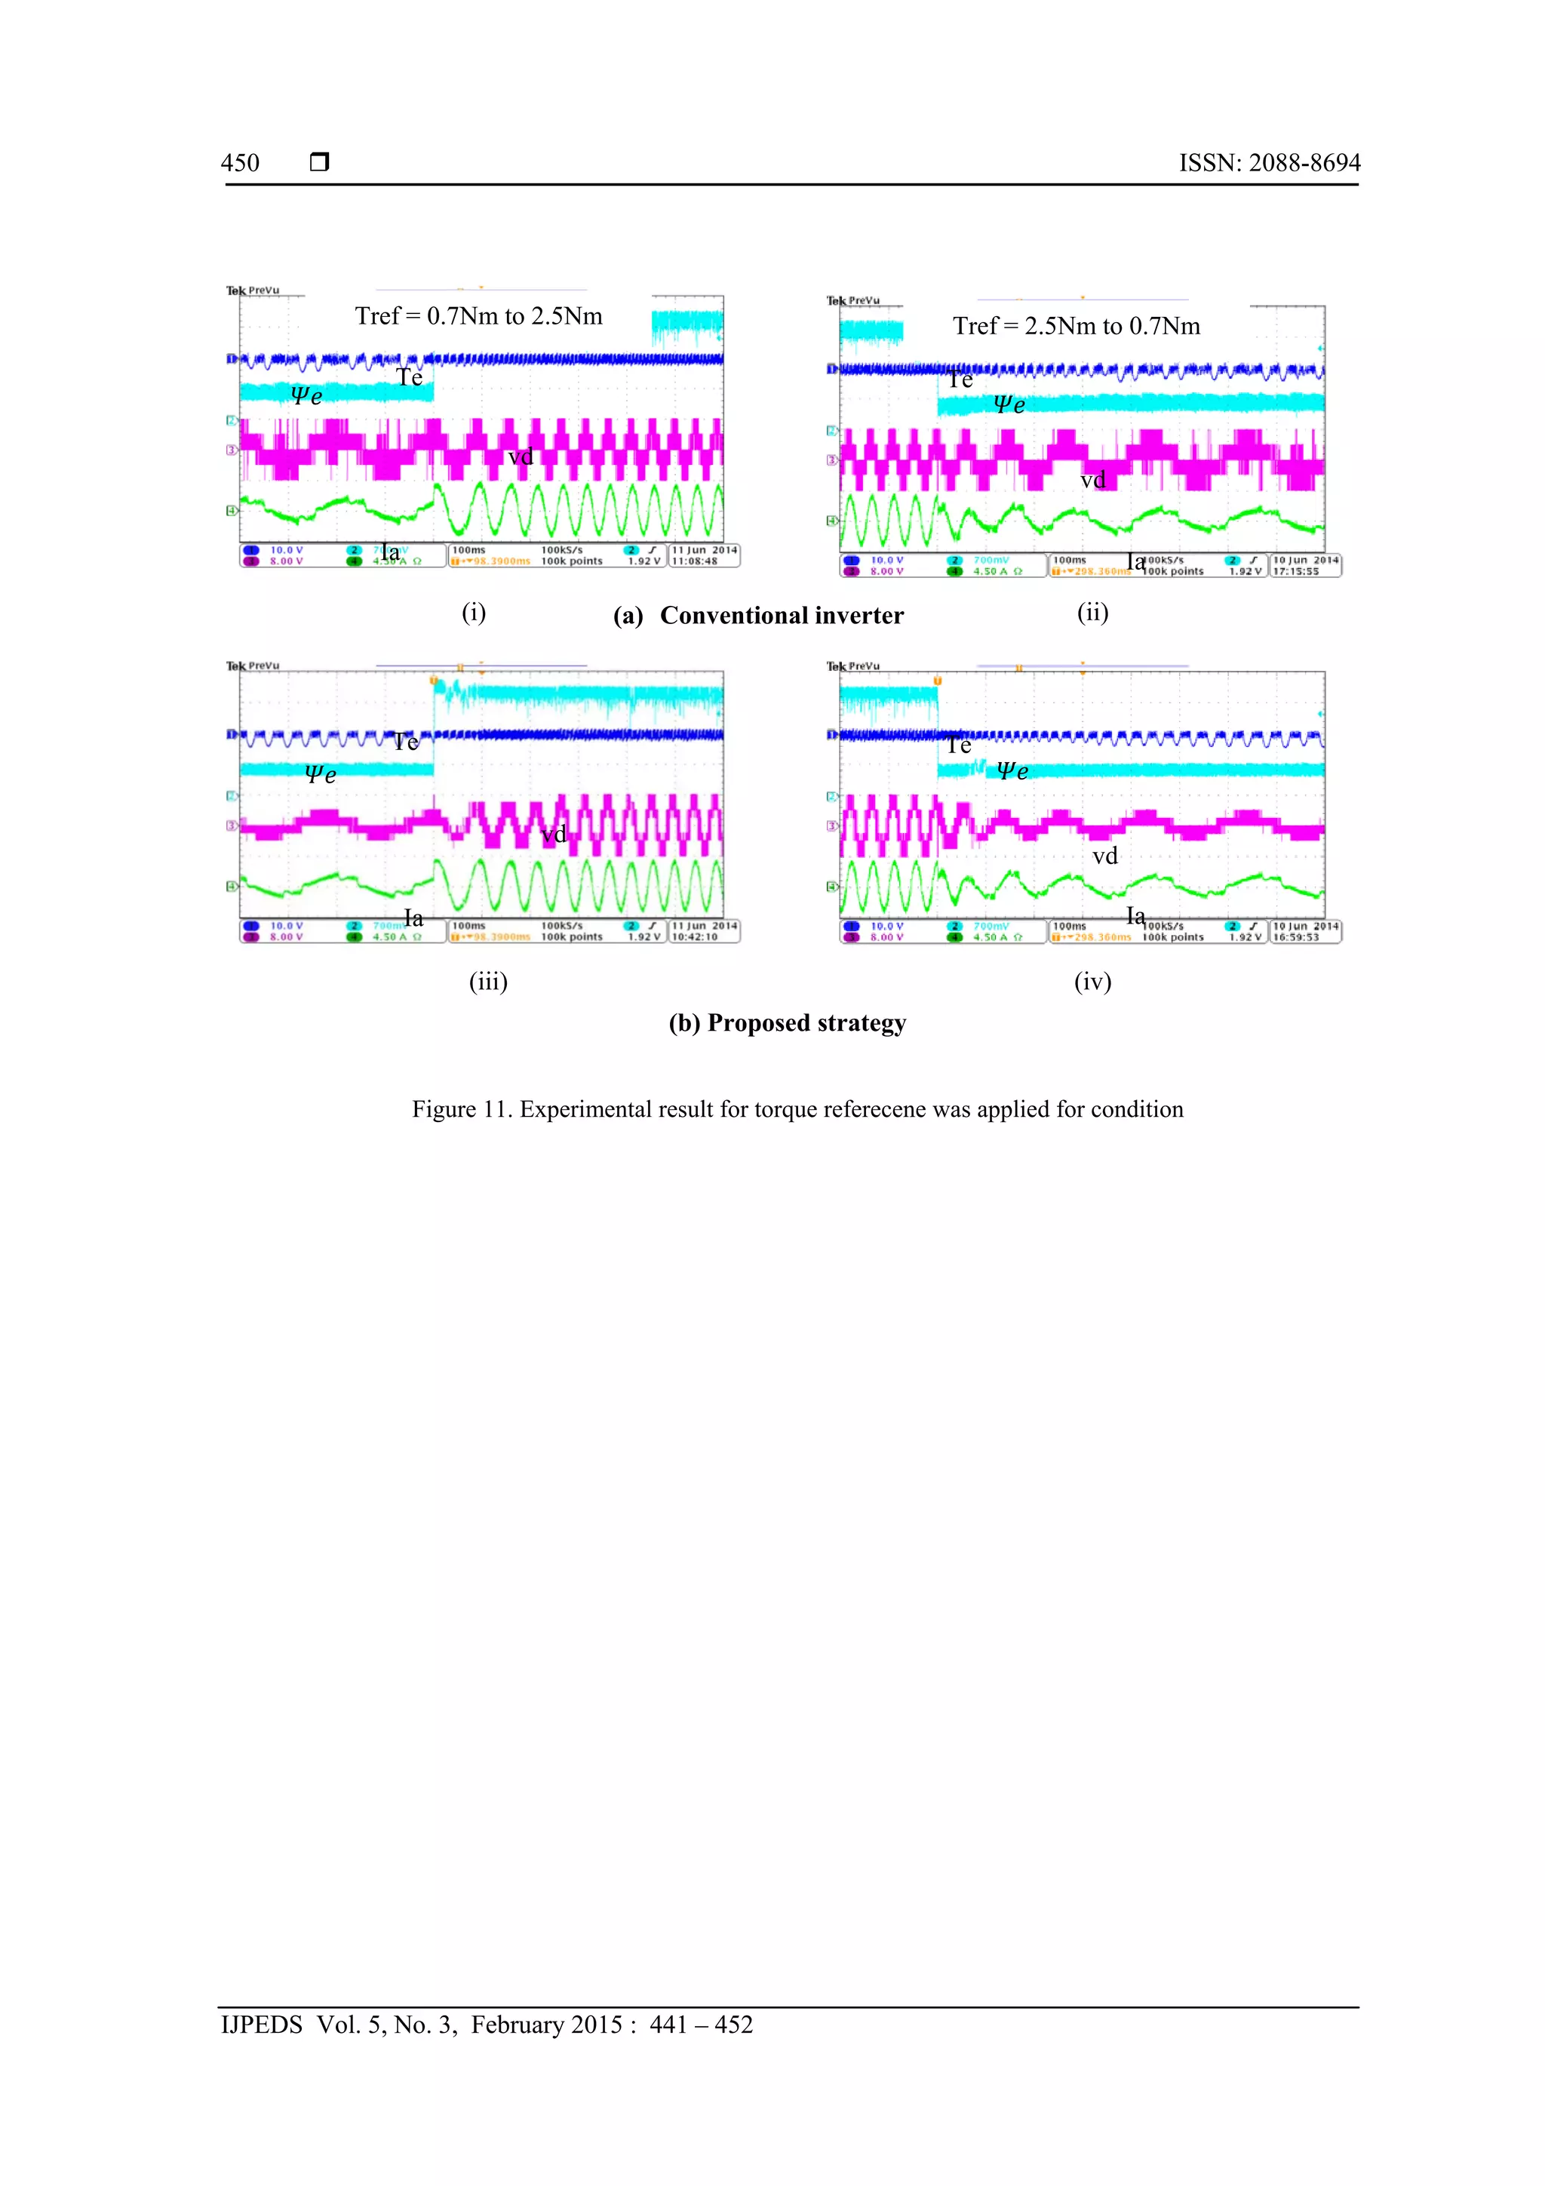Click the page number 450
click(240, 163)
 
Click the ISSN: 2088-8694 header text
click(1269, 163)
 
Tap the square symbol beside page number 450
click(319, 161)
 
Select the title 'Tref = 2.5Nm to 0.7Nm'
click(1076, 327)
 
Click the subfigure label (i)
click(473, 612)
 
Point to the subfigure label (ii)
click(1092, 612)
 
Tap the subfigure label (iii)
click(487, 982)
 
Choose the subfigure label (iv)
click(1092, 982)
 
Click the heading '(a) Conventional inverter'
click(759, 616)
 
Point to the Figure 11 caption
click(797, 1109)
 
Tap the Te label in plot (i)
click(410, 378)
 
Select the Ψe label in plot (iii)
click(320, 774)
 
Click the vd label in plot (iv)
click(1104, 856)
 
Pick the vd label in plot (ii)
click(1093, 480)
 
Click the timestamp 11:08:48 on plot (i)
click(695, 561)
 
